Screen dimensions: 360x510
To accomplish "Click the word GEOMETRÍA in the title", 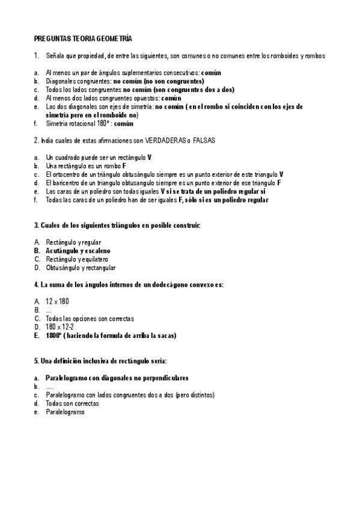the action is [110, 38].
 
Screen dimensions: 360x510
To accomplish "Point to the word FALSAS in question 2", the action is [204, 140].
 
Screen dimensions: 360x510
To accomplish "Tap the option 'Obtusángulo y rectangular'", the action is [81, 268].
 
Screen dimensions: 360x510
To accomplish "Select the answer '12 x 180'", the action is [57, 301].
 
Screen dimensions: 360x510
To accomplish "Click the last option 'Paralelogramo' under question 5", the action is [66, 412].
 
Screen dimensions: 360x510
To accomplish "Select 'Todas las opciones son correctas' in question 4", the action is [90, 318].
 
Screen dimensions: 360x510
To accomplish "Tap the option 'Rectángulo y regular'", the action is [73, 242].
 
